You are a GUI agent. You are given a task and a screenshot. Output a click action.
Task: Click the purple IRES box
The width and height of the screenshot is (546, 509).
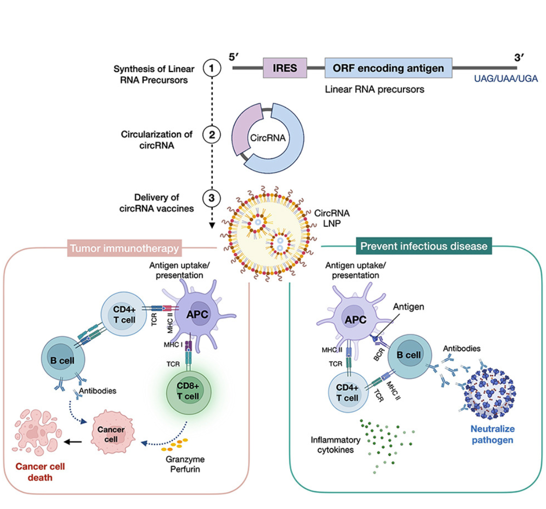coord(285,68)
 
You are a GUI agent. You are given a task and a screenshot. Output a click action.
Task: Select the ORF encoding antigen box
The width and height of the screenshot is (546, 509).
coord(388,68)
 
